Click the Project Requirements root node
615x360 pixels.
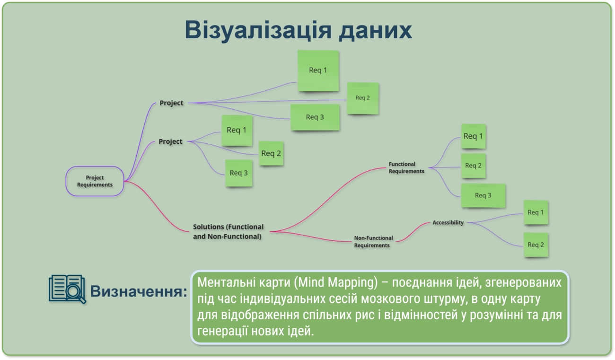pyautogui.click(x=95, y=181)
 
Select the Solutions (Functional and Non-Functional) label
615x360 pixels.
pyautogui.click(x=228, y=231)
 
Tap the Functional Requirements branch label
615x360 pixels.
pyautogui.click(x=406, y=167)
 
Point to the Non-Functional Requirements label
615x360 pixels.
pyautogui.click(x=373, y=242)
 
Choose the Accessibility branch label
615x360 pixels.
pyautogui.click(x=448, y=222)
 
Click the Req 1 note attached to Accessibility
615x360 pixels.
pyautogui.click(x=536, y=212)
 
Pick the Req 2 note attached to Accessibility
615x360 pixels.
pyautogui.click(x=536, y=245)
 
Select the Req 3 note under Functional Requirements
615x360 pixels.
pyautogui.click(x=483, y=195)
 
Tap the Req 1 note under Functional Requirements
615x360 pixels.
pyautogui.click(x=473, y=136)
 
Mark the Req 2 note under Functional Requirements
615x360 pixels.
pyautogui.click(x=473, y=166)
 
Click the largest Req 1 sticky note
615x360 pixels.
pyautogui.click(x=318, y=70)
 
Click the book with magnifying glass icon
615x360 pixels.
pyautogui.click(x=68, y=289)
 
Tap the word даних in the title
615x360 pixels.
pyautogui.click(x=375, y=31)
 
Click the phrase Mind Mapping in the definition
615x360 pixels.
pyautogui.click(x=336, y=282)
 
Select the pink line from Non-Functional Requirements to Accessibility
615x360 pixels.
pyautogui.click(x=412, y=232)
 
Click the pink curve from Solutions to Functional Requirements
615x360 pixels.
pyautogui.click(x=328, y=199)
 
